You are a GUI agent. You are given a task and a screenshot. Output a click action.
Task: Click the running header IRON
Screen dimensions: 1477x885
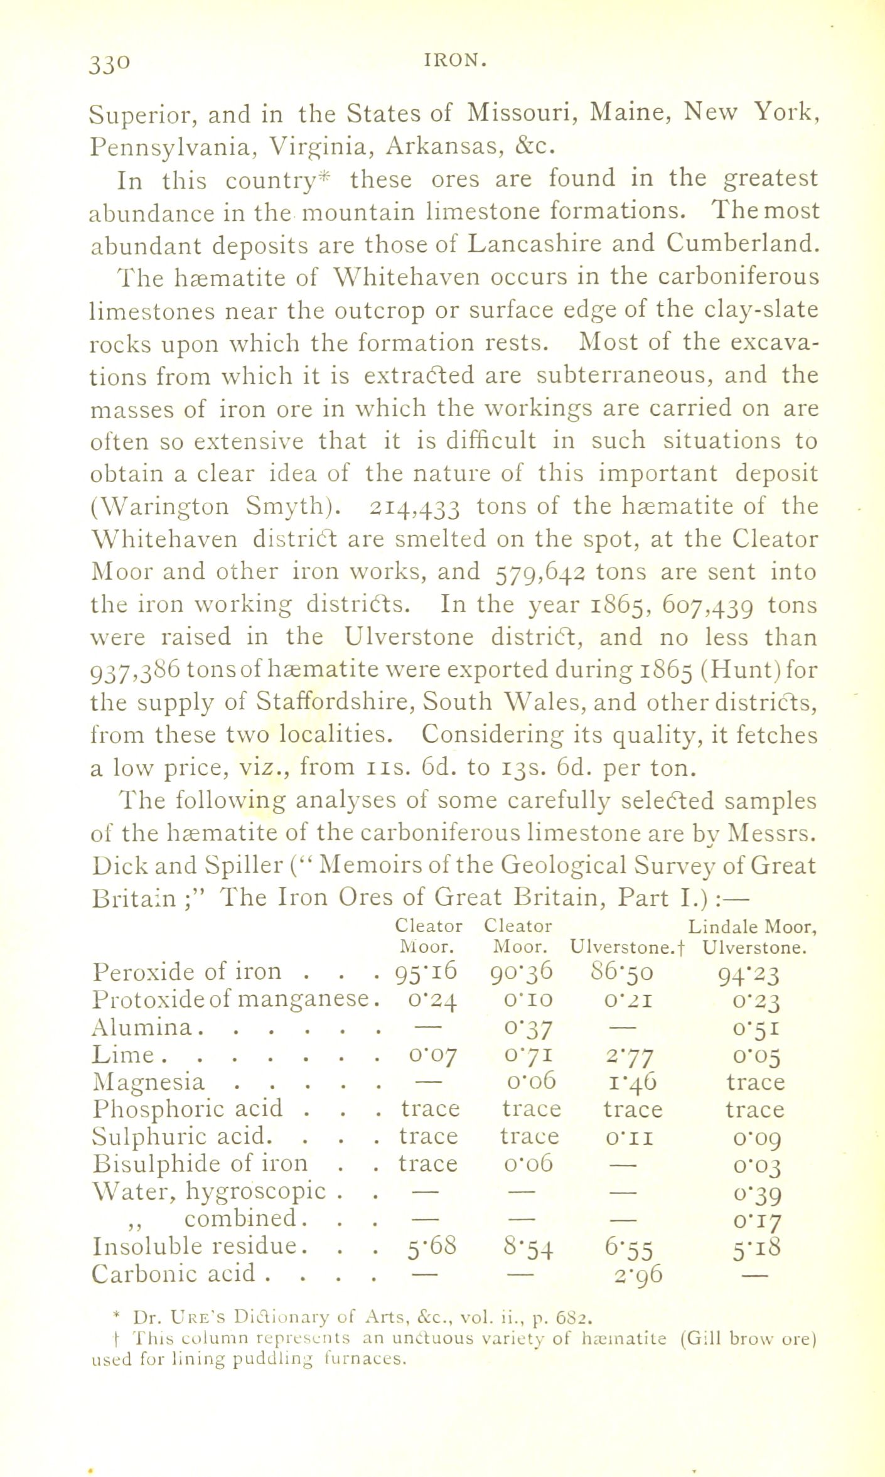456,61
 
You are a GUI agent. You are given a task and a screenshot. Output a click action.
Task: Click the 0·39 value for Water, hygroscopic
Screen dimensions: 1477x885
754,1193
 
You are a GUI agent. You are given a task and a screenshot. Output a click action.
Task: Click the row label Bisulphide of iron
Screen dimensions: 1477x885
200,1164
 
